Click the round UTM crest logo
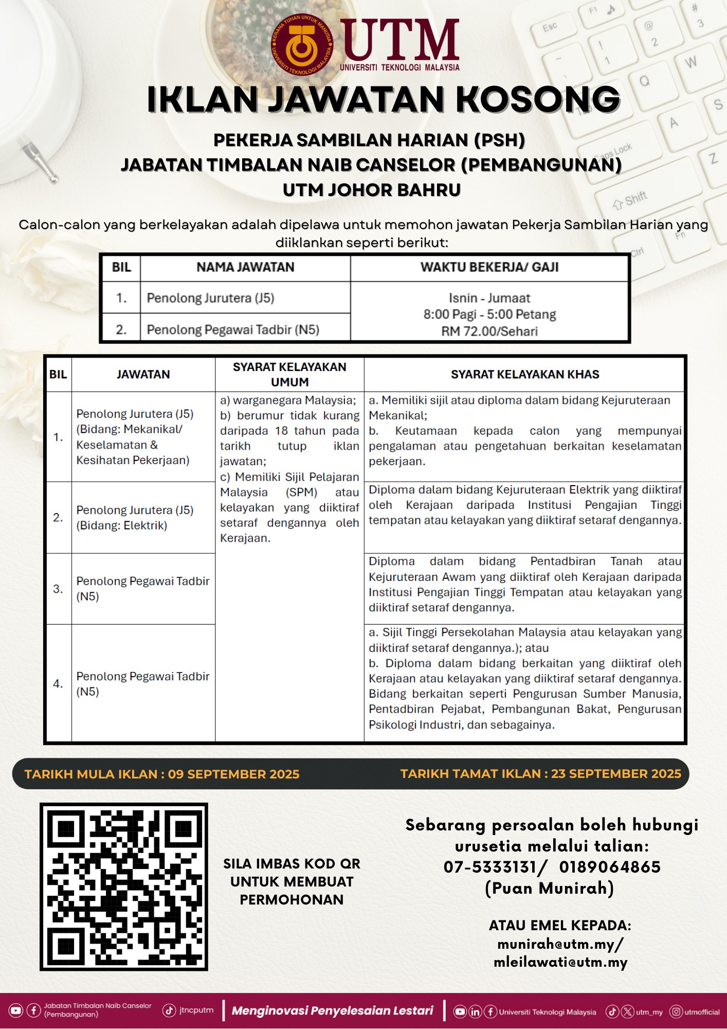302,45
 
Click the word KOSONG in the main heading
538,99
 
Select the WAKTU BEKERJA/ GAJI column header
489,267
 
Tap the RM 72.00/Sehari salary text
489,331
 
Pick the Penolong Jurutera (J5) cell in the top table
210,298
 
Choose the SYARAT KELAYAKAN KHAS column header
524,375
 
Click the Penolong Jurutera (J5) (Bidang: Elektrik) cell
135,518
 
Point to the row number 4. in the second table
58,684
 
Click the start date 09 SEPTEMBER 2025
233,774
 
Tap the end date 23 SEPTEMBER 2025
616,774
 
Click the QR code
124,887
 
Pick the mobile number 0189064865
610,867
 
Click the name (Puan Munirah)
550,889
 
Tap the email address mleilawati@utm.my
560,963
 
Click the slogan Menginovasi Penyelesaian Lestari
333,1010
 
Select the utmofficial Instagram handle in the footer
702,1012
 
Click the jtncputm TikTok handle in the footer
196,1010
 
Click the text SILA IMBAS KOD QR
292,864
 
